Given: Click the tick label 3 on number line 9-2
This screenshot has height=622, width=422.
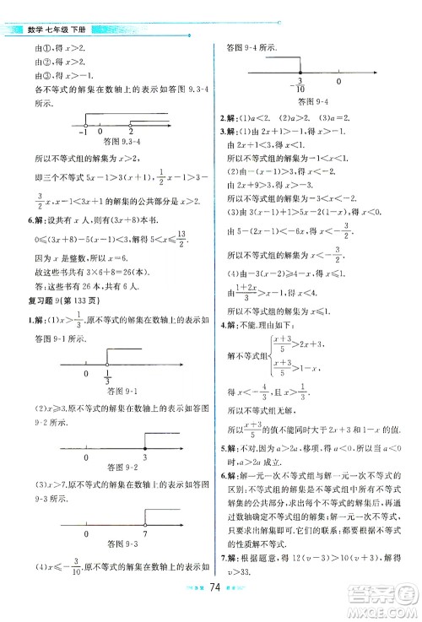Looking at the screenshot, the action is [144, 457].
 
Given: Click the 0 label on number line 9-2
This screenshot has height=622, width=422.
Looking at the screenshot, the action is [86, 457].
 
